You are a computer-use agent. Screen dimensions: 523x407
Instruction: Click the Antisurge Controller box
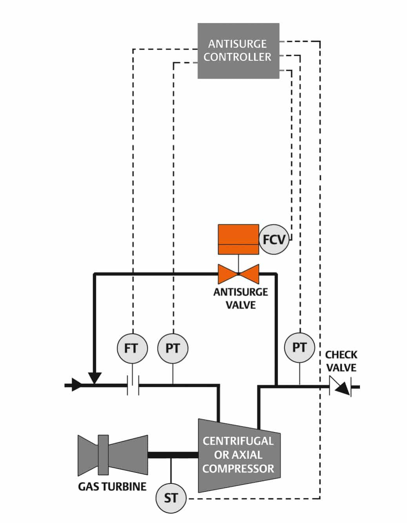[x=238, y=50]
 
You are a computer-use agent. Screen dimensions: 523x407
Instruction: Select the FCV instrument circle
[x=274, y=239]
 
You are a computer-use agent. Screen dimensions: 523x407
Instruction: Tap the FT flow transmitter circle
[x=132, y=348]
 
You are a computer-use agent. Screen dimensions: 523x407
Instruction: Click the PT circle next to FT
[x=173, y=348]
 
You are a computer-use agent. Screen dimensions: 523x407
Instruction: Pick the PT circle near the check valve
[x=300, y=347]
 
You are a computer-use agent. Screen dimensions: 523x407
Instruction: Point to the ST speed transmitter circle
[x=171, y=498]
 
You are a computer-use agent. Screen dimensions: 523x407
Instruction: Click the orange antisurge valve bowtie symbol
[x=238, y=274]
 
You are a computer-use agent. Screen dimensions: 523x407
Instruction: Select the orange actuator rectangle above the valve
[x=238, y=239]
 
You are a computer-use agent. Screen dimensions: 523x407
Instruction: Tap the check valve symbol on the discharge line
[x=340, y=386]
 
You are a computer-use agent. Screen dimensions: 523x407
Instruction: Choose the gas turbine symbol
[x=113, y=455]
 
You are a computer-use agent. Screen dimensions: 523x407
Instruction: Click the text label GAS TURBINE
[x=112, y=487]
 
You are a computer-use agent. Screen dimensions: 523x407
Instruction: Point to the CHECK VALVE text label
[x=341, y=361]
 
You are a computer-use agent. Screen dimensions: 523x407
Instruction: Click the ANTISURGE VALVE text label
[x=240, y=298]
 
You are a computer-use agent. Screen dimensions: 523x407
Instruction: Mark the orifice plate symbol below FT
[x=133, y=386]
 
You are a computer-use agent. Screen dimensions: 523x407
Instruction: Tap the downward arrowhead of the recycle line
[x=94, y=377]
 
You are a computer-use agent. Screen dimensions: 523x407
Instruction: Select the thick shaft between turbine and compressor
[x=173, y=455]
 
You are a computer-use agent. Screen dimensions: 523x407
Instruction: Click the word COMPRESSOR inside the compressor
[x=238, y=469]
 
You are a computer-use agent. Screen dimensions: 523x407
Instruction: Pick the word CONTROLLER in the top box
[x=237, y=57]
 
